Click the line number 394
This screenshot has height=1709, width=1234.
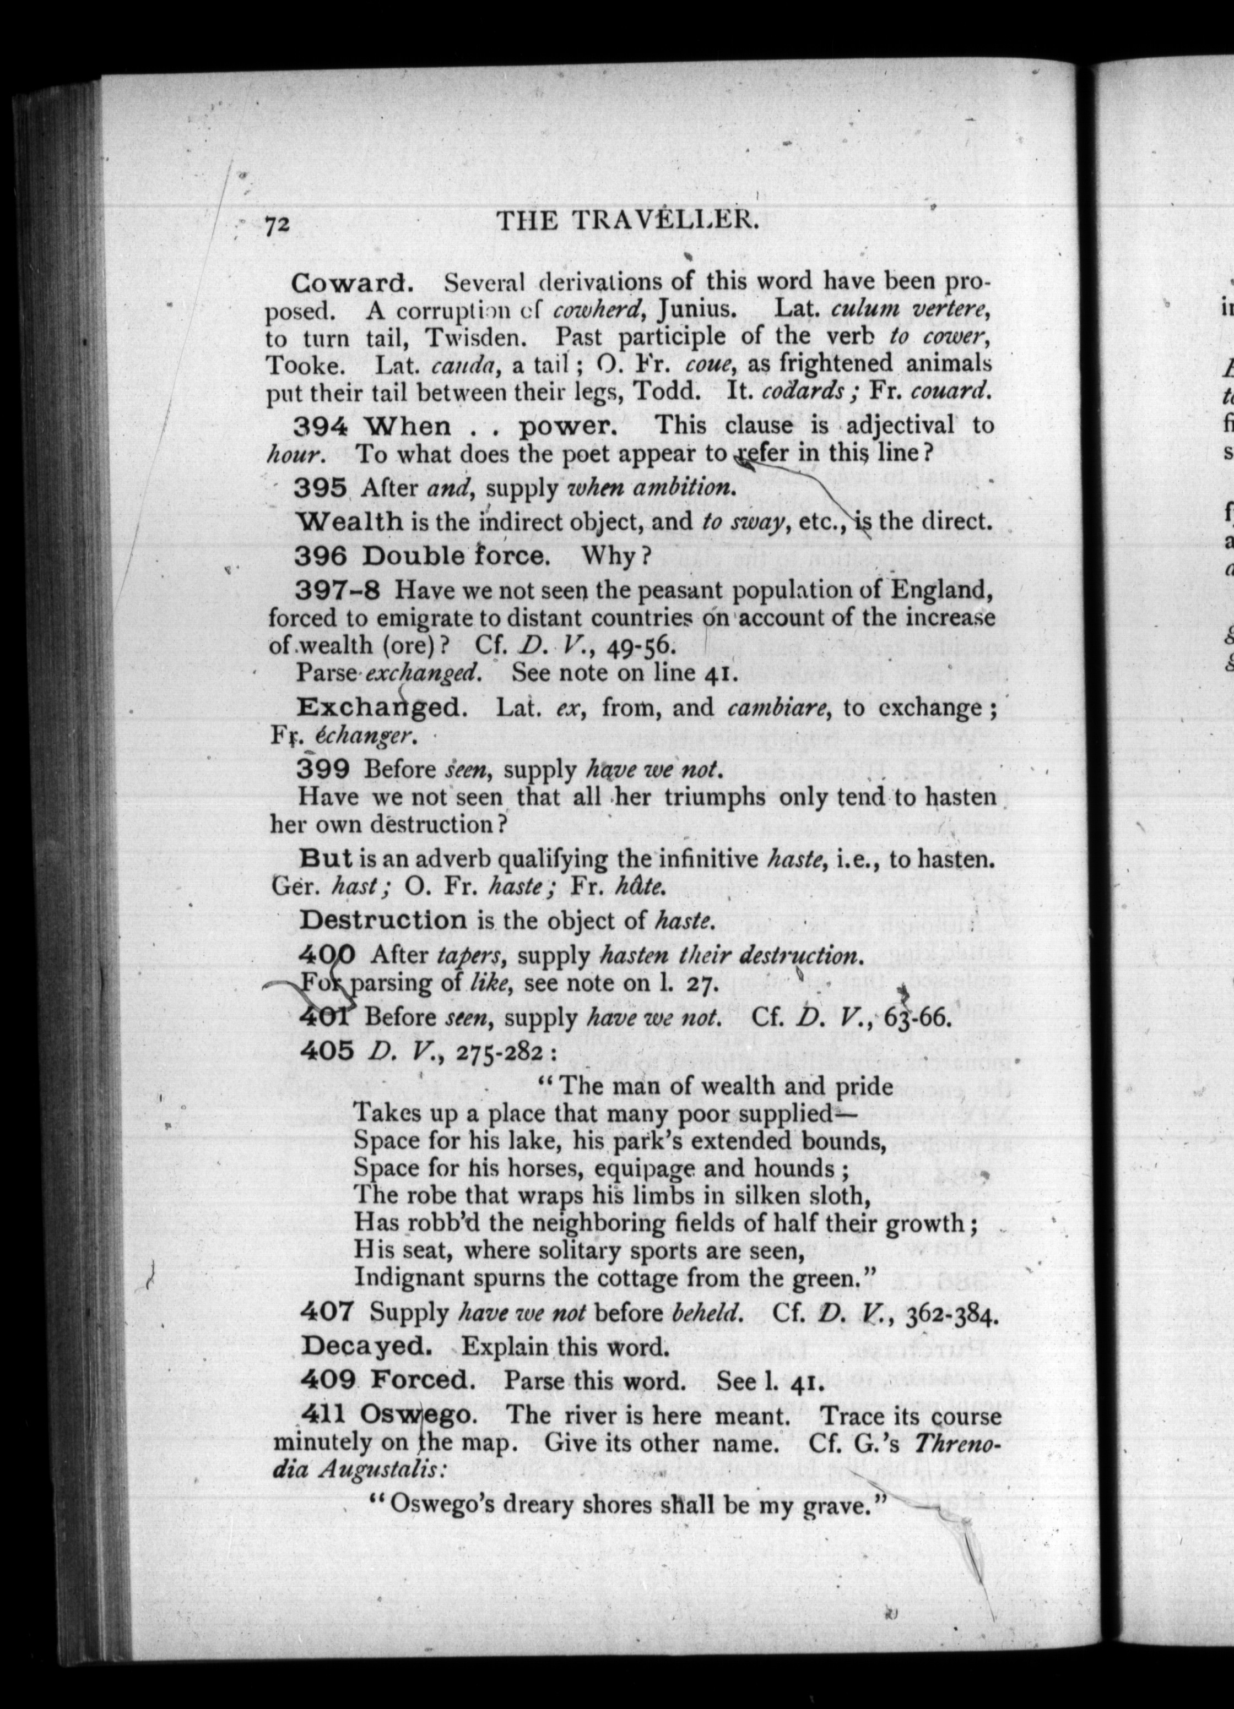tap(320, 427)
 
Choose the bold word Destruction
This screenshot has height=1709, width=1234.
tap(383, 919)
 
